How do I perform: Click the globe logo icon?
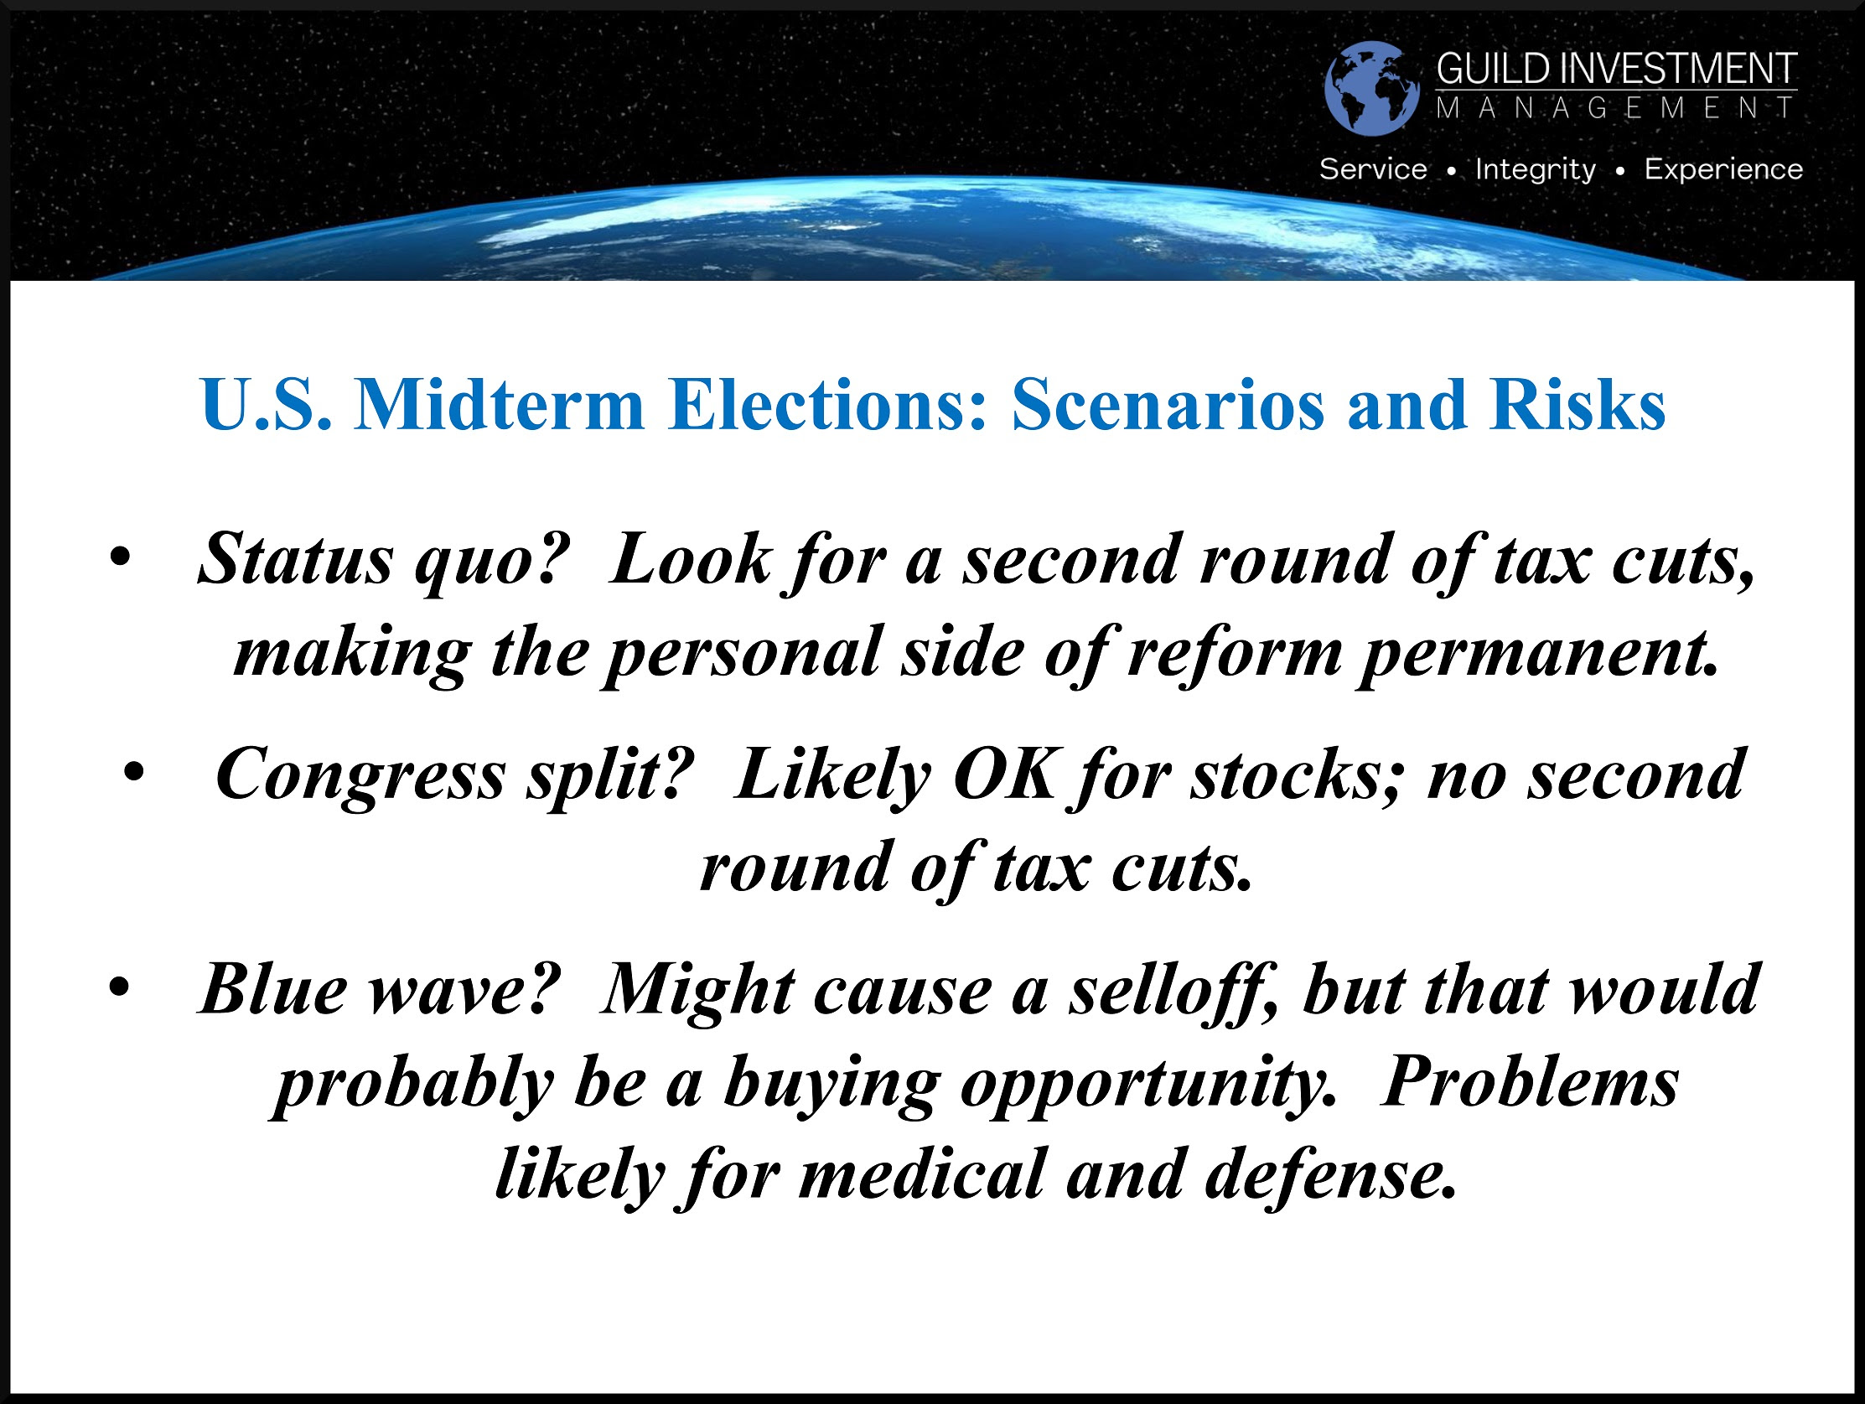(1372, 89)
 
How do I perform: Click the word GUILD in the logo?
(1493, 69)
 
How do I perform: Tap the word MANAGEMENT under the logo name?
(1616, 108)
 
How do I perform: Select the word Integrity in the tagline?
(1536, 170)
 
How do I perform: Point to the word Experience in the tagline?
(1723, 169)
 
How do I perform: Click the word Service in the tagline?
(1374, 169)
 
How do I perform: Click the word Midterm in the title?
(499, 405)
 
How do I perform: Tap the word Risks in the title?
(1577, 405)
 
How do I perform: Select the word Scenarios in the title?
(1168, 405)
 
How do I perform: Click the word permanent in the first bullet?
(1540, 655)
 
